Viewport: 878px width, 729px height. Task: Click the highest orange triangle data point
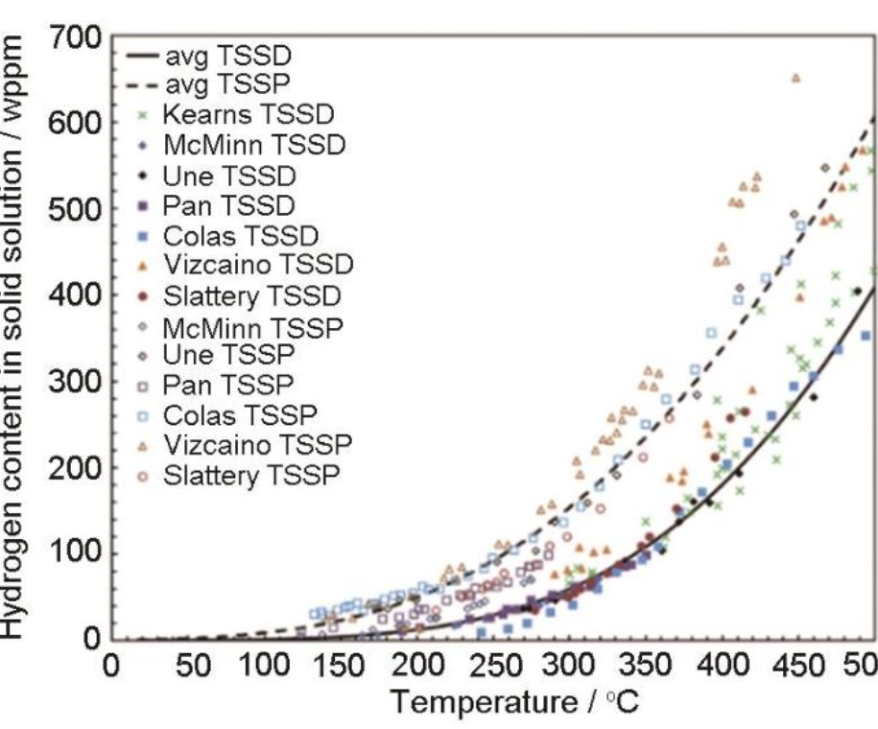point(795,78)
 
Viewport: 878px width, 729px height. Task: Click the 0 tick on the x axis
point(111,666)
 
